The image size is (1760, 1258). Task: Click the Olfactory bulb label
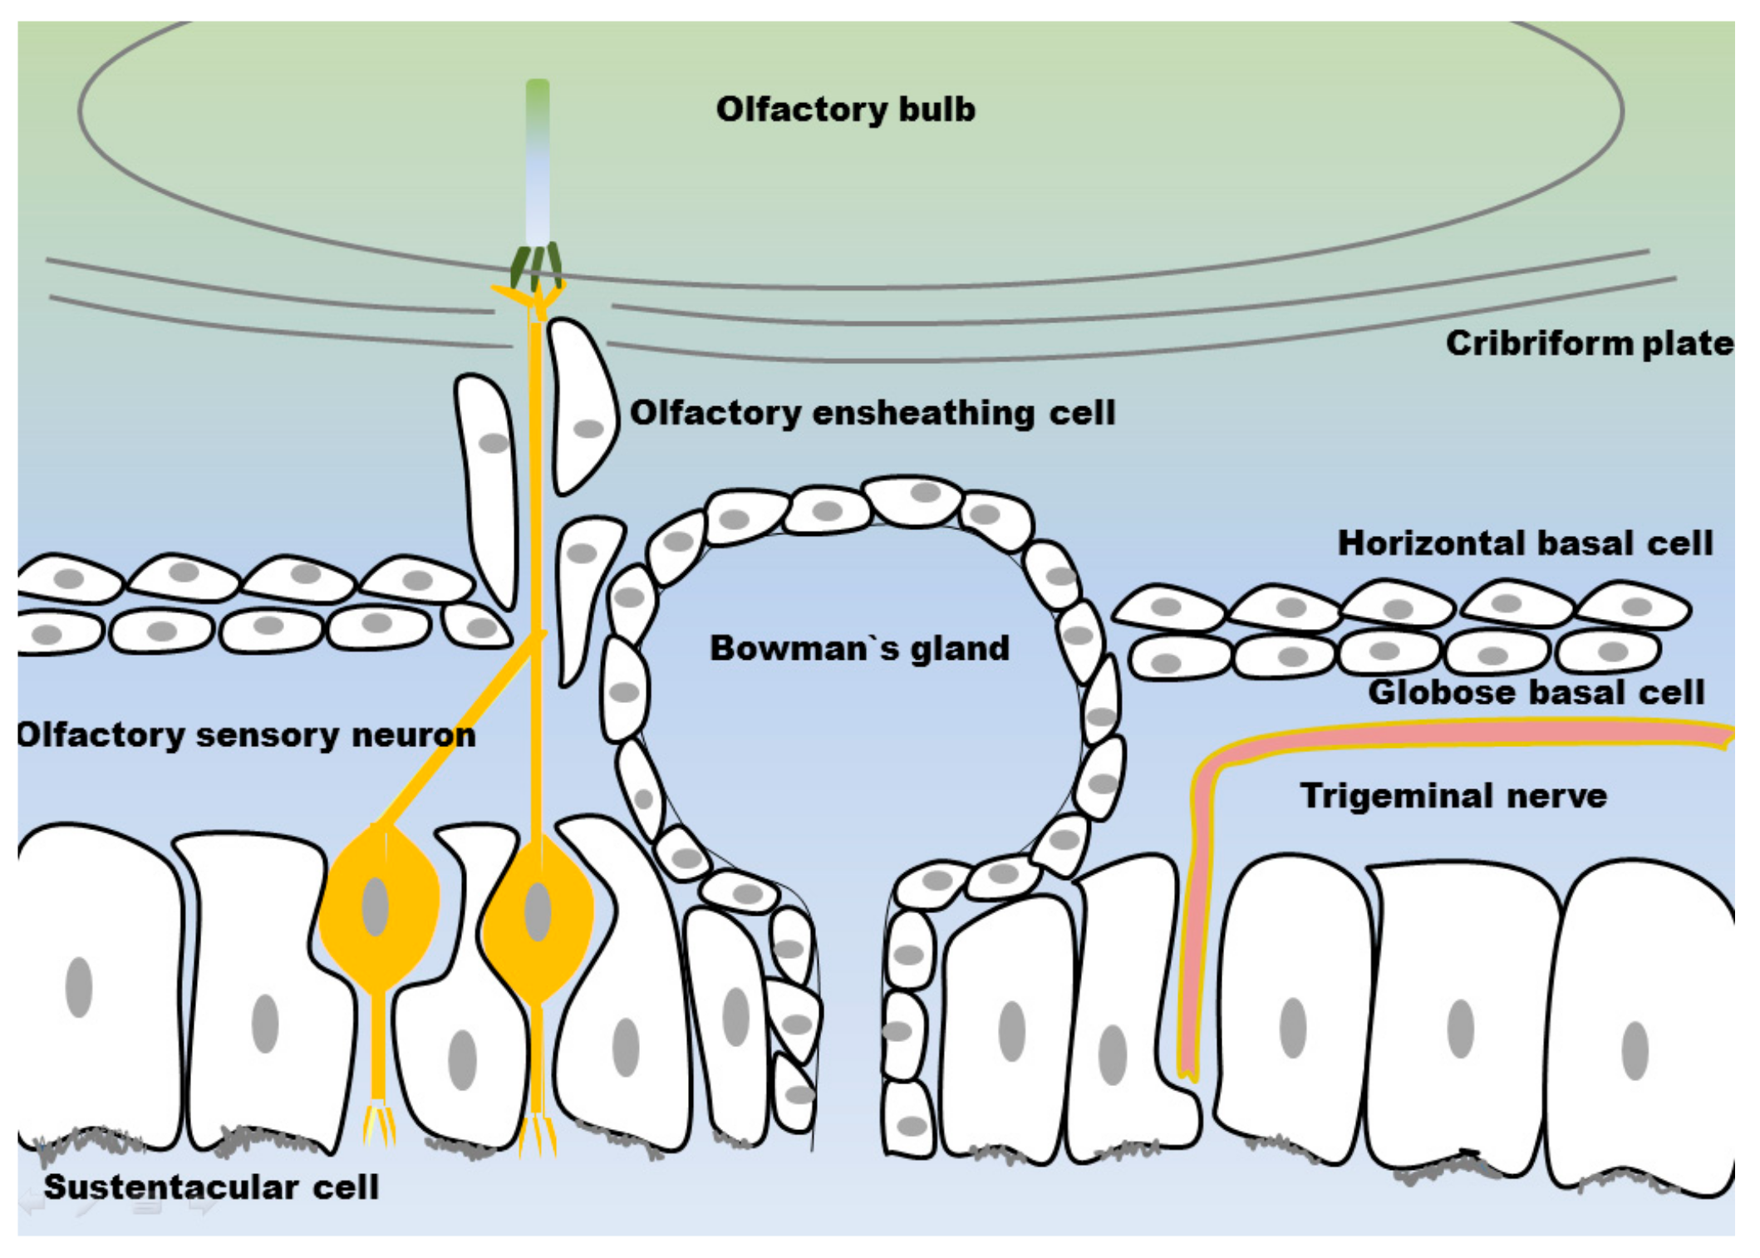pos(845,110)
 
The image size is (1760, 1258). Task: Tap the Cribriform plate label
pos(1588,343)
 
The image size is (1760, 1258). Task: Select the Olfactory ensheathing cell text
pos(872,412)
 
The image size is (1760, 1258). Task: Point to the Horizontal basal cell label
pos(1525,543)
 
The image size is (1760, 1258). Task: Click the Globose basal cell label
pos(1536,692)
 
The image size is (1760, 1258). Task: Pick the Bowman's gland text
pos(859,648)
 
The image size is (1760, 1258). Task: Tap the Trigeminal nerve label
pos(1453,795)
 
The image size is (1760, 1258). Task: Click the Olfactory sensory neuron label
pos(246,735)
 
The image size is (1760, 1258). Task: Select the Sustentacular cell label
pos(211,1187)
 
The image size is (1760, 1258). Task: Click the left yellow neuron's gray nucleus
pos(376,907)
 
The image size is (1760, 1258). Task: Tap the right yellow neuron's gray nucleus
pos(538,912)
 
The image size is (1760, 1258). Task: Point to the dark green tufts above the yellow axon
pos(536,266)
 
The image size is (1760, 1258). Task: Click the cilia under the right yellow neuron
pos(538,1134)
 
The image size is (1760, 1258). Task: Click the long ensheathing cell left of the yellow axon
pos(489,482)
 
